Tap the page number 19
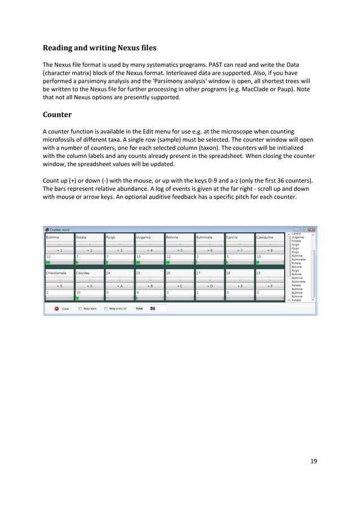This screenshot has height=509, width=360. click(x=313, y=461)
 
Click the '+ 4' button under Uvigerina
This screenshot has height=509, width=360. click(x=150, y=249)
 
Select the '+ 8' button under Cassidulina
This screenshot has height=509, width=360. click(x=270, y=249)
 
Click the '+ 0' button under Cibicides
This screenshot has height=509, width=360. click(x=90, y=286)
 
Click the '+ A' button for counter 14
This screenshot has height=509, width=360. click(x=120, y=286)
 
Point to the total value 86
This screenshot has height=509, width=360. click(x=153, y=309)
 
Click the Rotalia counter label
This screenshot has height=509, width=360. click(x=82, y=238)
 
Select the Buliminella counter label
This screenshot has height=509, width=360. click(x=205, y=238)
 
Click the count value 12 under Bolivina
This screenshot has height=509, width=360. click(x=169, y=256)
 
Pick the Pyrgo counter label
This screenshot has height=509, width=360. click(x=111, y=238)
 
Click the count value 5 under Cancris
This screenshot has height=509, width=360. click(x=227, y=256)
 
